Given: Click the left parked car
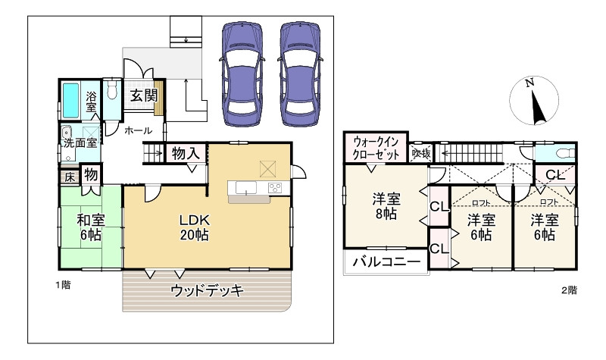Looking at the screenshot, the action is pos(242,74).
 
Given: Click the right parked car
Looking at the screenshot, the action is pos(300,74).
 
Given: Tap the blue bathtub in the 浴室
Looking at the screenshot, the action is pos(70,100).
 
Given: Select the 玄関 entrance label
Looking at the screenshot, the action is pos(144,95).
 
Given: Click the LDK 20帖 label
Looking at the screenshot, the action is pos(195,227).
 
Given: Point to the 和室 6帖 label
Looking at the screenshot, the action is pos(91,227).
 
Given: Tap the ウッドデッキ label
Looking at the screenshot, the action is pos(207,290).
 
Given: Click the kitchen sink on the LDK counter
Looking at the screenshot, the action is pos(245,188).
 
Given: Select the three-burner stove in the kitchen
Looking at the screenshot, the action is pos(275,188).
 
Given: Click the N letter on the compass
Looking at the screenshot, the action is pos(529,83).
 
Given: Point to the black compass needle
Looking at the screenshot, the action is pos(537,107).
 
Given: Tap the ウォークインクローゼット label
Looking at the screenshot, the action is pos(376,148).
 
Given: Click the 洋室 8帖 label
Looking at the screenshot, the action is pos(386,206).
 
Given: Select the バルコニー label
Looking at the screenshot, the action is pos(386,261).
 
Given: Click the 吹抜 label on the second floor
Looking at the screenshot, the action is pos(421,154).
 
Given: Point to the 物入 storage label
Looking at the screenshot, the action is pos(186,154).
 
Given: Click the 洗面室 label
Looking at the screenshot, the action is pos(80,142).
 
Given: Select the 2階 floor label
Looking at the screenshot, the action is pos(569,290).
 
